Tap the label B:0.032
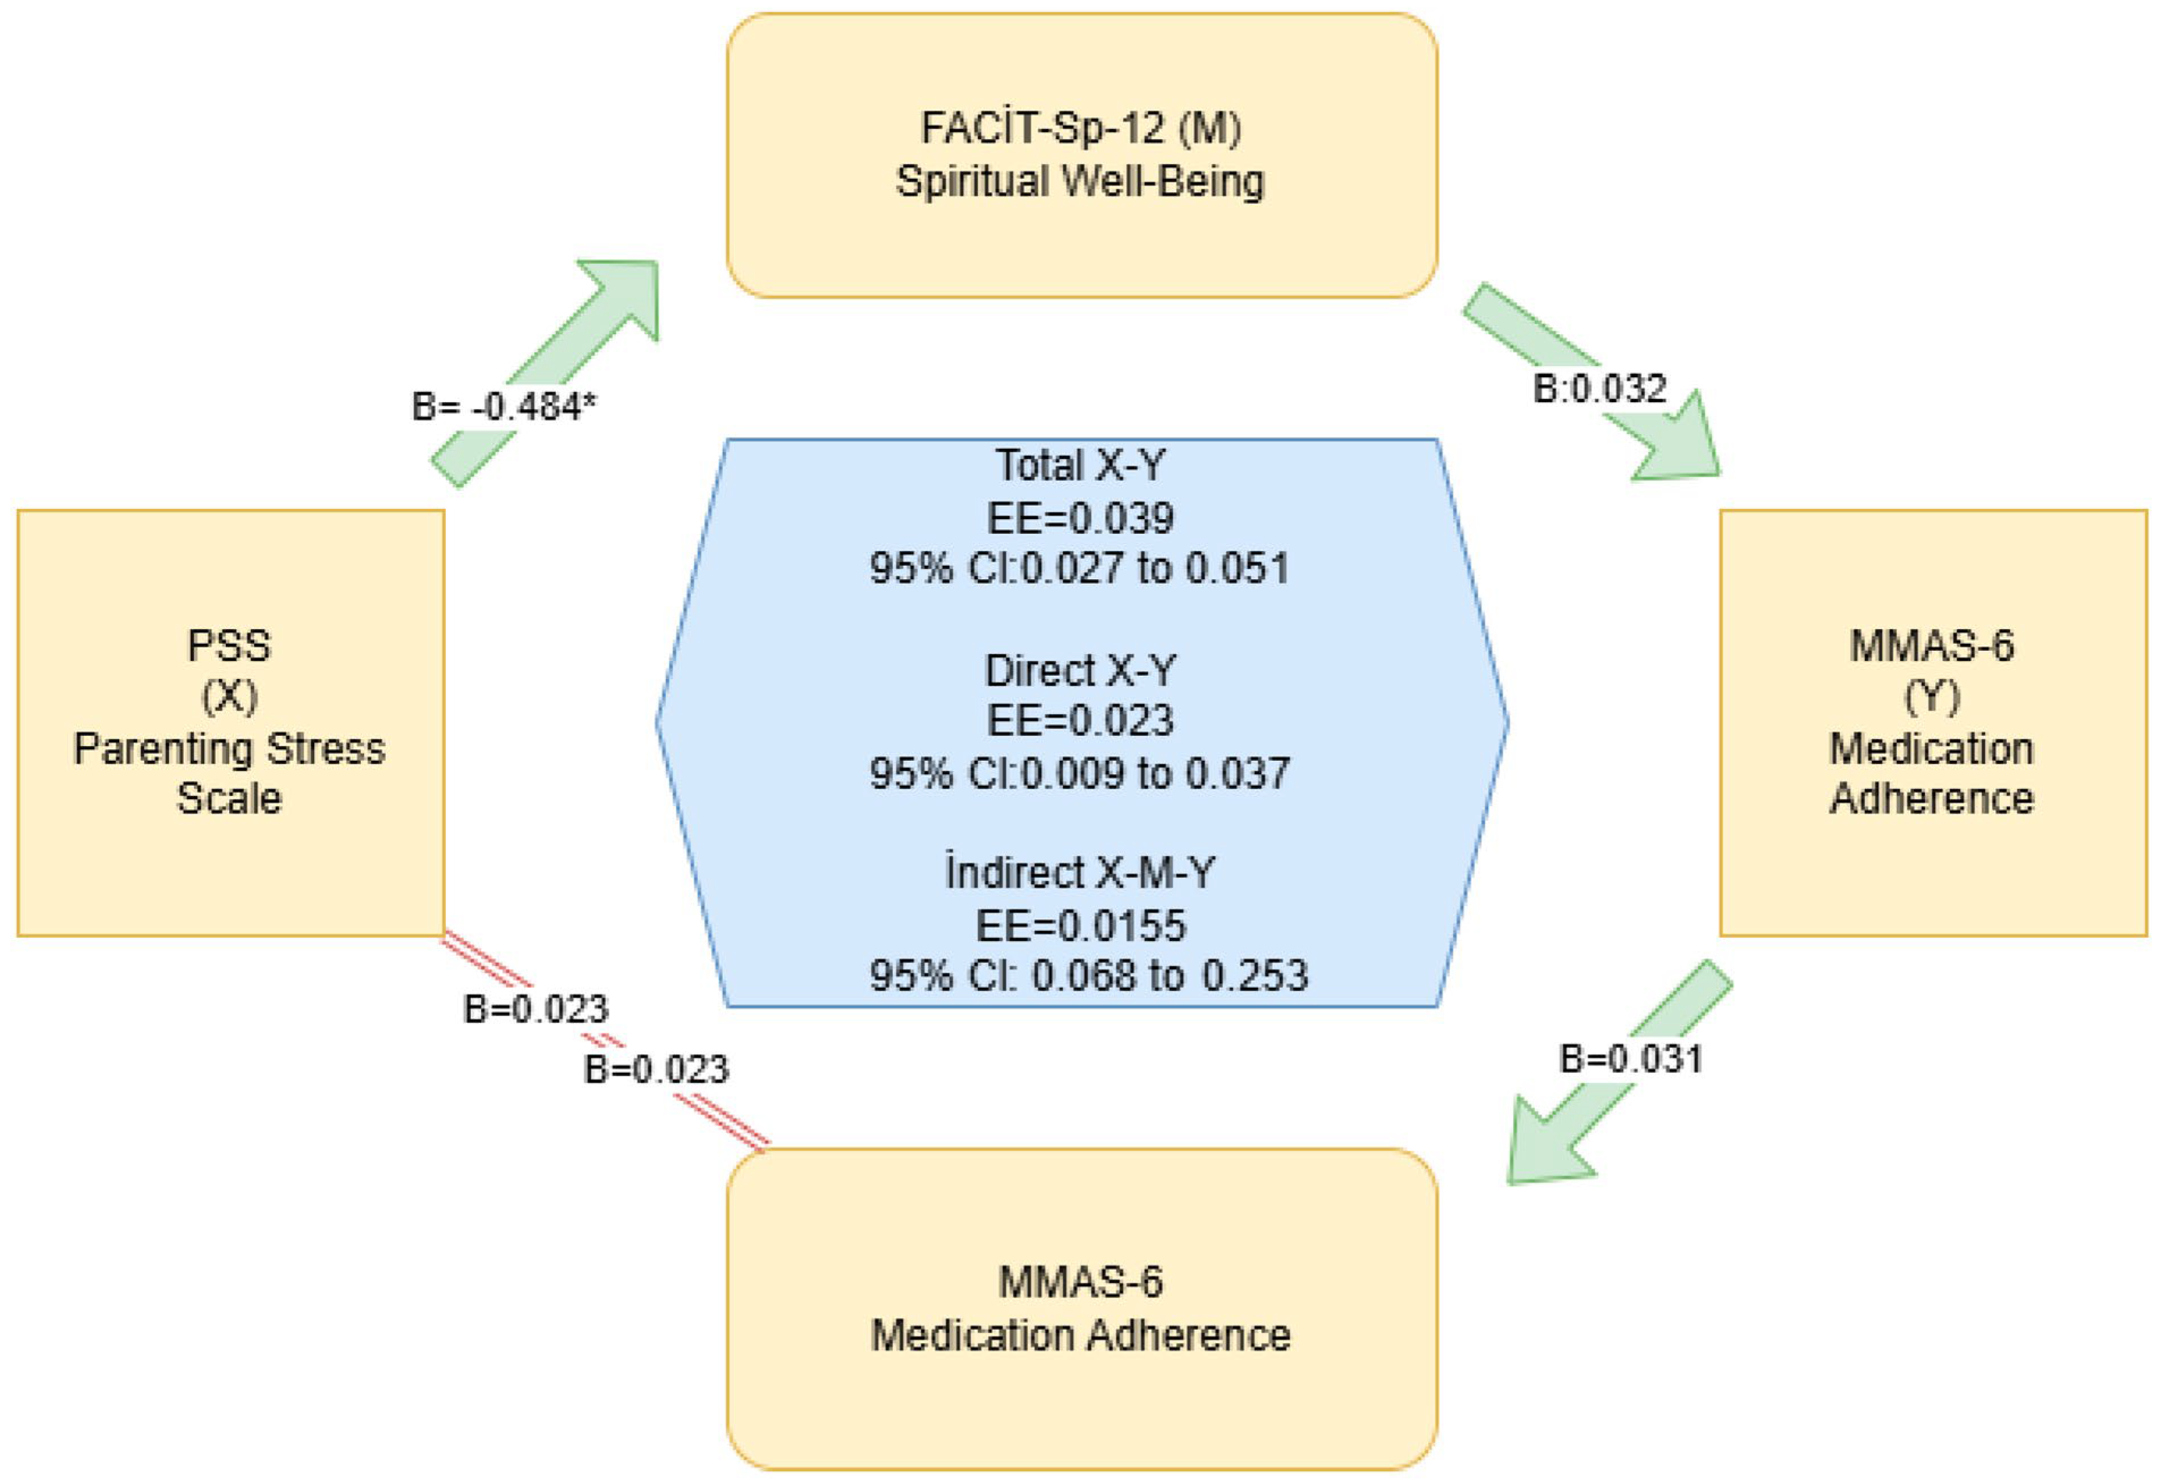point(1600,389)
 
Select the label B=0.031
point(1631,1059)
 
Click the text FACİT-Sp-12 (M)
point(1080,128)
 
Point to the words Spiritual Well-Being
point(1080,181)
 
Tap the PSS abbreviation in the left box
point(229,646)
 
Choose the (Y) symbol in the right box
point(1932,697)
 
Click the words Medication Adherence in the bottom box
point(1080,1336)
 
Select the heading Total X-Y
point(1080,465)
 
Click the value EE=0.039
point(1080,517)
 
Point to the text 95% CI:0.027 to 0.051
point(1080,568)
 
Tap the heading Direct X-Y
point(1080,670)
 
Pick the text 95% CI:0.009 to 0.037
point(1080,773)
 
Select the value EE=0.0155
point(1080,925)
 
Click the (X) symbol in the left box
point(229,697)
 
